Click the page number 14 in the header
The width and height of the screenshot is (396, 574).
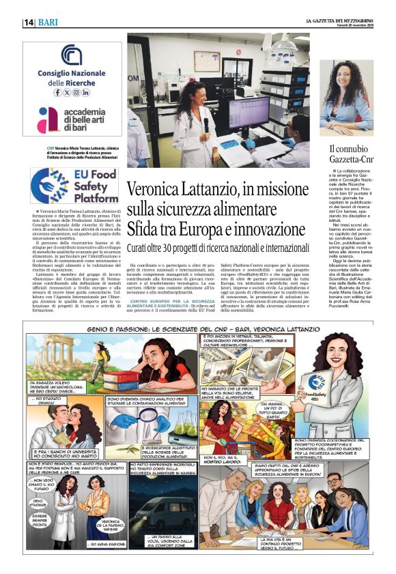[29, 23]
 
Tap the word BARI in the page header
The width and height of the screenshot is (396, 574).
[48, 23]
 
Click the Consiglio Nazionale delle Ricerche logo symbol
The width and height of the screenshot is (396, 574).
[71, 54]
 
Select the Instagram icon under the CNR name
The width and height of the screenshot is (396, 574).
[86, 92]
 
